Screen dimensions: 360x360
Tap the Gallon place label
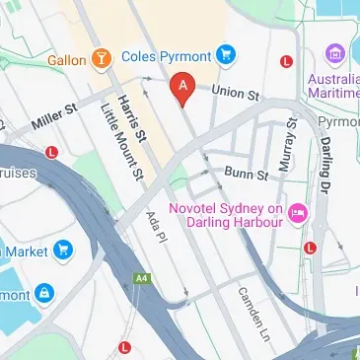pos(65,61)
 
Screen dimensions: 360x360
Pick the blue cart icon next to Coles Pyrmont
pos(226,53)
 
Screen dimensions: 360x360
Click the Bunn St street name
pos(247,176)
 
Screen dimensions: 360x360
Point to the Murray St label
pos(291,144)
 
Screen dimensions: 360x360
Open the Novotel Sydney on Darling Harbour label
pos(226,216)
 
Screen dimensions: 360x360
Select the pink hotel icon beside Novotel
pos(295,214)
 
